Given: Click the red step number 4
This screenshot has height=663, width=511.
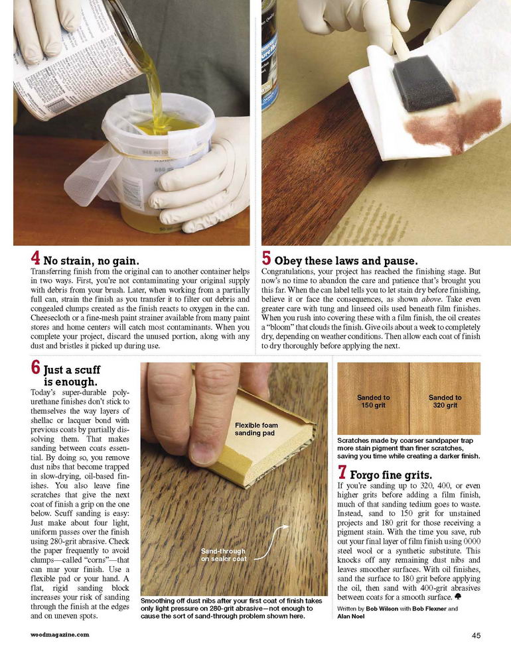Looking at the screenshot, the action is (x=36, y=258).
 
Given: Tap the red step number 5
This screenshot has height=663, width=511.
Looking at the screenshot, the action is (x=266, y=258).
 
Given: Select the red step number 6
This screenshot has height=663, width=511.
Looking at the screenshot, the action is (x=36, y=367).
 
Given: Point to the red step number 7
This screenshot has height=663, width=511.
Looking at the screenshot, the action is (x=342, y=472).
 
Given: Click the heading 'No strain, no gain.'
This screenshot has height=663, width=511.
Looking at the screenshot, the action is (x=91, y=261).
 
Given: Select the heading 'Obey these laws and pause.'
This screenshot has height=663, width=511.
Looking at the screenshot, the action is (x=346, y=261).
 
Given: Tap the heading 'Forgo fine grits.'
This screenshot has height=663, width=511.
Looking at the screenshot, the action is (x=391, y=475).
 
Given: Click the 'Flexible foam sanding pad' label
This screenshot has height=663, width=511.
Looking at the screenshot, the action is (x=256, y=429).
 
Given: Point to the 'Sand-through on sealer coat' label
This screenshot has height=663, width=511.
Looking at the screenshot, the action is (x=223, y=555).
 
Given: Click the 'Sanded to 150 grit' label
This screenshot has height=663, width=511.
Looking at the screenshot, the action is (x=374, y=401).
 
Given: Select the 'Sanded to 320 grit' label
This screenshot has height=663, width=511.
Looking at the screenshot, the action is (x=445, y=401).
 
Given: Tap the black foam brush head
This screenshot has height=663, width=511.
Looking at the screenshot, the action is (x=423, y=83).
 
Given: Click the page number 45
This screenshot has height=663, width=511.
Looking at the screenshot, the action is (x=476, y=635).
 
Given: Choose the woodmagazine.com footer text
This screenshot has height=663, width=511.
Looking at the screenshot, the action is (x=60, y=634).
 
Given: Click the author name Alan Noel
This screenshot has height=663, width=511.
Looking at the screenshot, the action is (x=350, y=616).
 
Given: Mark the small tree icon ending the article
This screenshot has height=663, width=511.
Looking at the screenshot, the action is (x=457, y=596).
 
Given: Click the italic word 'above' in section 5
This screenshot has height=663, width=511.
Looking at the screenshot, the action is (x=431, y=300).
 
